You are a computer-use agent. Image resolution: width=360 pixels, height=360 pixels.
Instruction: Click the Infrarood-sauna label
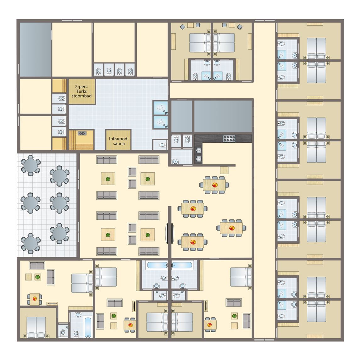click(119, 141)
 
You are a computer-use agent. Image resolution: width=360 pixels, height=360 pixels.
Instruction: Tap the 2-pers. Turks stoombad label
click(81, 91)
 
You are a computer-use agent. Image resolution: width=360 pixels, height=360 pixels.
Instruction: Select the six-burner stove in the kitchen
click(229, 138)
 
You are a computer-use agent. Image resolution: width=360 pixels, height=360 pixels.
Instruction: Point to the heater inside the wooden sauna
click(82, 133)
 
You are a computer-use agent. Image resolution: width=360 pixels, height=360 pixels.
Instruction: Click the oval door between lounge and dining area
click(170, 233)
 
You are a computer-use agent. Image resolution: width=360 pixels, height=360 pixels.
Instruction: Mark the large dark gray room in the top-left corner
click(35, 49)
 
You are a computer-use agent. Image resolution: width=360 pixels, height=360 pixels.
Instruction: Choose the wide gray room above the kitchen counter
click(223, 116)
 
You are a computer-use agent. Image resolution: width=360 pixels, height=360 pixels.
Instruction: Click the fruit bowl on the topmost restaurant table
click(215, 185)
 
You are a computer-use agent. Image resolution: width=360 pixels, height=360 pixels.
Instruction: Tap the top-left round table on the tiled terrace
click(30, 165)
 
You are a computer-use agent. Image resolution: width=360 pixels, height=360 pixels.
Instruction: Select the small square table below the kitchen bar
click(224, 170)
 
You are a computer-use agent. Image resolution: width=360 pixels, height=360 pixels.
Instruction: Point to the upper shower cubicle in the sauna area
click(160, 108)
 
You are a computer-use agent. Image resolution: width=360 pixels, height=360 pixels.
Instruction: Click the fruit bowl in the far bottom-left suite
click(35, 299)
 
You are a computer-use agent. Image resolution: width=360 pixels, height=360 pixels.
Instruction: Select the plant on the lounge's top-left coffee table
click(108, 179)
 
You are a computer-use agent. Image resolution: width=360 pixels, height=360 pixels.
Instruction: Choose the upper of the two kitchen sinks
click(199, 150)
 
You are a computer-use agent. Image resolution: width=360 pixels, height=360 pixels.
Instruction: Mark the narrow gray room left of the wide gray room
click(182, 116)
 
